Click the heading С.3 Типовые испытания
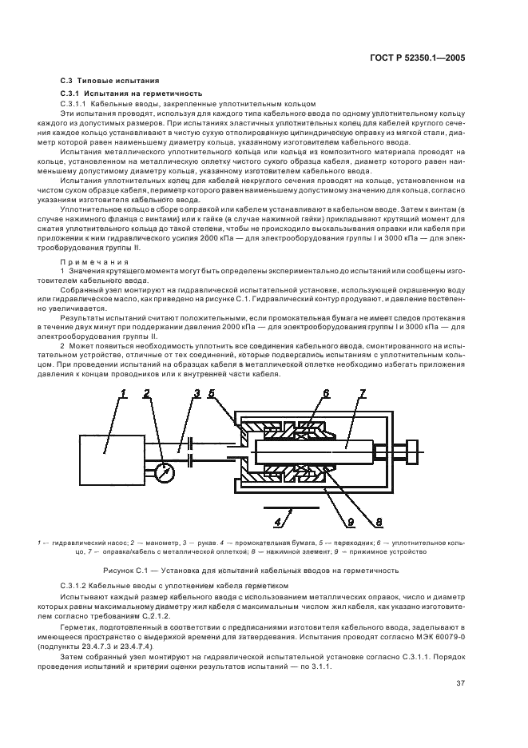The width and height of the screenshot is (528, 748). [x=110, y=81]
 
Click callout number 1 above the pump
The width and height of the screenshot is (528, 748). [x=124, y=393]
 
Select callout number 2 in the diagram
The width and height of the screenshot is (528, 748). [x=146, y=393]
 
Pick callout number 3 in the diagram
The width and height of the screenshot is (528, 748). [x=197, y=393]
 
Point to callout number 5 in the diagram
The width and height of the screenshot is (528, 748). [x=212, y=393]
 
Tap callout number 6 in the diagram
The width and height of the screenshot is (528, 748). [x=325, y=393]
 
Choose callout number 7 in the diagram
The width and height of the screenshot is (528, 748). [x=362, y=393]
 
